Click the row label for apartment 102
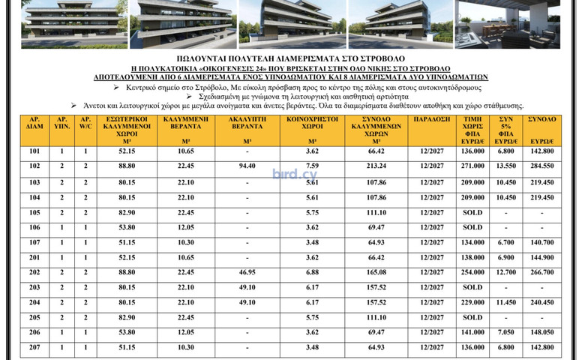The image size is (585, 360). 34,166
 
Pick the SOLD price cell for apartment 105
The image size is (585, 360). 472,212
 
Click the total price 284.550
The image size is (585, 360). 541,166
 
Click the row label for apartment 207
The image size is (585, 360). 34,347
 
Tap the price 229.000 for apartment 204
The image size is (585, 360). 472,302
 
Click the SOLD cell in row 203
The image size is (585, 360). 472,287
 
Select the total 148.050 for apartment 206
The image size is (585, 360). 541,332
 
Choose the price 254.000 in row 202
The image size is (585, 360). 472,272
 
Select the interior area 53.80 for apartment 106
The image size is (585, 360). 121,227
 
